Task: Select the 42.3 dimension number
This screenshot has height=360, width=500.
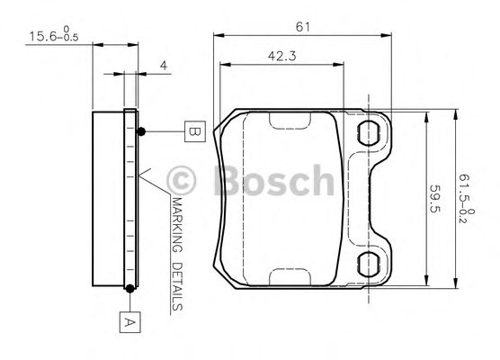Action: pyautogui.click(x=282, y=56)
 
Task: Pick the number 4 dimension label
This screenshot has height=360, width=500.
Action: pyautogui.click(x=163, y=65)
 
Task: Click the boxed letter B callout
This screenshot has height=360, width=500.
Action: pyautogui.click(x=193, y=131)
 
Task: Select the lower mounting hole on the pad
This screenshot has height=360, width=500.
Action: pyautogui.click(x=371, y=265)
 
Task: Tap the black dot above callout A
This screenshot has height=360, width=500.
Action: pyautogui.click(x=130, y=288)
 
